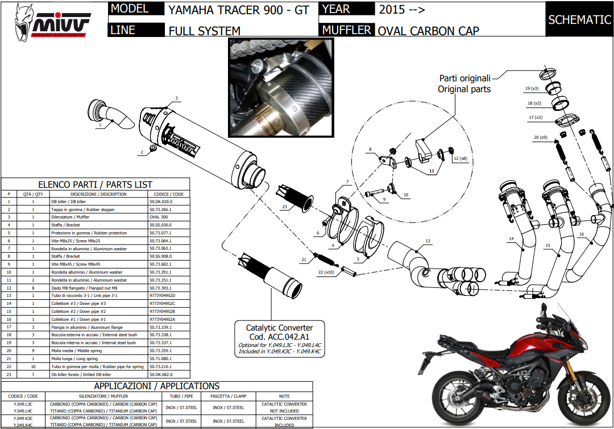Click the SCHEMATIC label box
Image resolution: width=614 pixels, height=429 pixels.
[579, 20]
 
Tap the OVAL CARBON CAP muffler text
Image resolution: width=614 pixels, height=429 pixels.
[429, 31]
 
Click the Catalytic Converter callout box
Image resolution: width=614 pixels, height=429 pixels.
[279, 340]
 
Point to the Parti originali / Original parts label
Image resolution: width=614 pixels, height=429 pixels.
[464, 84]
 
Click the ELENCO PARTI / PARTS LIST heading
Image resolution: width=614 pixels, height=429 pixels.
[95, 184]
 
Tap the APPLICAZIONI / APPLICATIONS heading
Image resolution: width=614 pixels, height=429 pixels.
[158, 386]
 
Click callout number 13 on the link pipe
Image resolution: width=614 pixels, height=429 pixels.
[428, 241]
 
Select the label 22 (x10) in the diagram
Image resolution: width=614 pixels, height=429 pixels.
[325, 273]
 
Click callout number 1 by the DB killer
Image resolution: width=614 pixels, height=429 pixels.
[100, 123]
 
